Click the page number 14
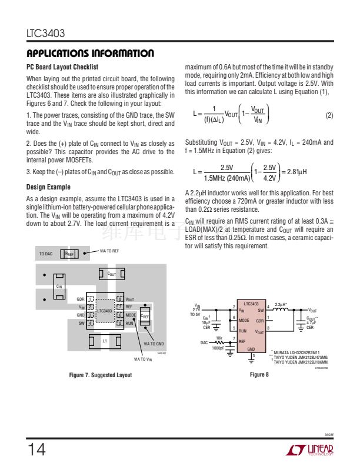click(x=36, y=450)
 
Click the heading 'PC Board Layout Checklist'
click(x=62, y=67)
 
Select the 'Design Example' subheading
click(x=48, y=188)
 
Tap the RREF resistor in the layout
click(x=69, y=254)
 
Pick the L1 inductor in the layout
click(x=105, y=341)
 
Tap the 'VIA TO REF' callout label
click(x=109, y=251)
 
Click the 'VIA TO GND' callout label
click(x=154, y=344)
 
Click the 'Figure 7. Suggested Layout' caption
click(x=100, y=375)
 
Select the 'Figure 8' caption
click(x=259, y=375)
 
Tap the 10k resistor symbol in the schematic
click(x=219, y=341)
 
